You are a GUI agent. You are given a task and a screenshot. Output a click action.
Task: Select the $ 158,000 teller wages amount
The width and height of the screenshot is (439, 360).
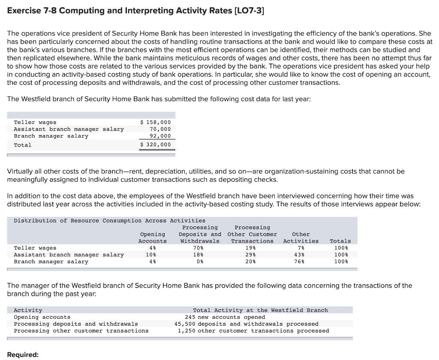[156, 122]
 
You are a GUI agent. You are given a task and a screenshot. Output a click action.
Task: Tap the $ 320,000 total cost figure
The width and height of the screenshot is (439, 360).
[156, 145]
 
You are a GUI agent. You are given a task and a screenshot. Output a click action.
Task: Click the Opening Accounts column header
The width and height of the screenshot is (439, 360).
[153, 237]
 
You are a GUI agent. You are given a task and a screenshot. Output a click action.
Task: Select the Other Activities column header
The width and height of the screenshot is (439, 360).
[301, 237]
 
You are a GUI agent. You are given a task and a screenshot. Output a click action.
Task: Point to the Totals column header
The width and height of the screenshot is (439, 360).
[340, 241]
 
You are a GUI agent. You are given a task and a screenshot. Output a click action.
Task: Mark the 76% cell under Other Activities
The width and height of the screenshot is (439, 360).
[301, 261]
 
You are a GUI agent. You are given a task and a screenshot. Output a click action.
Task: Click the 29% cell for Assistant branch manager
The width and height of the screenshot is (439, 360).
[252, 255]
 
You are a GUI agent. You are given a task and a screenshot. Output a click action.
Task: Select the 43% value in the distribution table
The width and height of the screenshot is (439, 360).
[301, 255]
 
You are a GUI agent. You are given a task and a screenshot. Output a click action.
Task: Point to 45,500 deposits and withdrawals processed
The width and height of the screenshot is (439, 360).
[247, 324]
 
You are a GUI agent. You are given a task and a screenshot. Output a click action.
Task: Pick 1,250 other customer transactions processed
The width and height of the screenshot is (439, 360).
[253, 331]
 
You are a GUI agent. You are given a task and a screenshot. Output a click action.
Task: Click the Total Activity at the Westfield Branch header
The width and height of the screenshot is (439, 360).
[260, 310]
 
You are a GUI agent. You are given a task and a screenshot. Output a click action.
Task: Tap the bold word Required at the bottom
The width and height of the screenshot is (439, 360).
[23, 355]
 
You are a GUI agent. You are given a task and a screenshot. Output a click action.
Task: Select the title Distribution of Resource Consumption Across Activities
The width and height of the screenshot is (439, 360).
[109, 221]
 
